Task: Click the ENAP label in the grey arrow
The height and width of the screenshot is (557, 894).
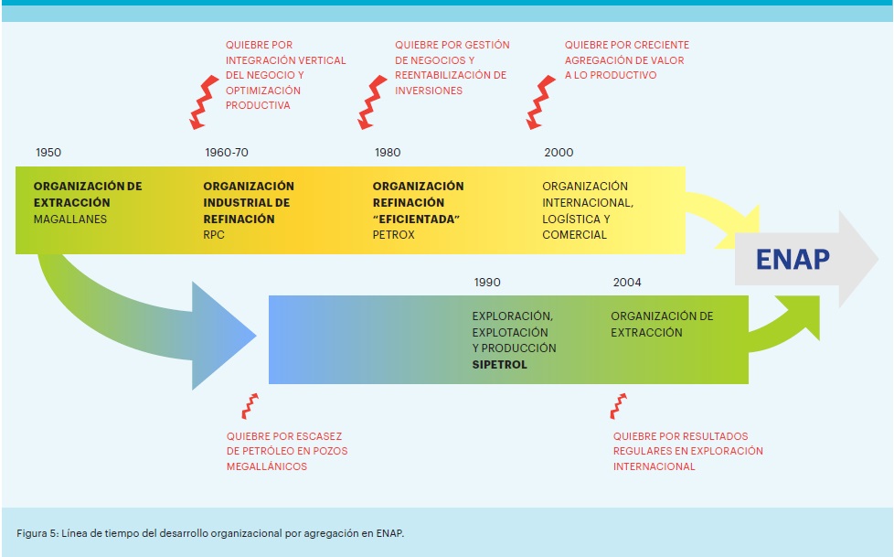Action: point(793,260)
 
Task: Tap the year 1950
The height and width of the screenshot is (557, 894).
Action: point(48,153)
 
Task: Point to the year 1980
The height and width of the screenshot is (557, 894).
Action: point(388,153)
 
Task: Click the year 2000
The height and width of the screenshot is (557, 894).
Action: point(559,153)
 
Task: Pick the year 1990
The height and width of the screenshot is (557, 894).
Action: point(487,283)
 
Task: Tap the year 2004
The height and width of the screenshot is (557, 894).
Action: point(627,283)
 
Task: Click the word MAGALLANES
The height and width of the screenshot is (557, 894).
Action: point(70,220)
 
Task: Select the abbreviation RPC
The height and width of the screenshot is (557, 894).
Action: point(214,235)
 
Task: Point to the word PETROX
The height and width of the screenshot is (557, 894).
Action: point(394,235)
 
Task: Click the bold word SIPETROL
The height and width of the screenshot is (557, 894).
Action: point(500,364)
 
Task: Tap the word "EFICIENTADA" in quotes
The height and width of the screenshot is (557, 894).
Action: point(416,220)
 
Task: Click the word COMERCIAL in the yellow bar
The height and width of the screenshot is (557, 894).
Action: point(575,235)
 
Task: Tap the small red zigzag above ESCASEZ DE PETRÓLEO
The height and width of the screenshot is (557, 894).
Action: point(249,405)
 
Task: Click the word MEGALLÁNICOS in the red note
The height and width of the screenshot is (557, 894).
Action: point(267,466)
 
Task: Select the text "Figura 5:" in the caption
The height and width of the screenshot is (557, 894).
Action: point(38,532)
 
